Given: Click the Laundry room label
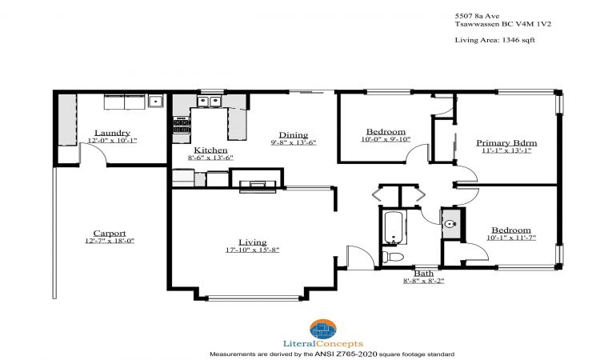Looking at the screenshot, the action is pyautogui.click(x=112, y=133).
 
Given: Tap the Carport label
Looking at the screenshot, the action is pyautogui.click(x=110, y=234).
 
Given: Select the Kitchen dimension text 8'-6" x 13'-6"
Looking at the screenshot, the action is pyautogui.click(x=210, y=158).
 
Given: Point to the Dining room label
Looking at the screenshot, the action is pyautogui.click(x=294, y=135).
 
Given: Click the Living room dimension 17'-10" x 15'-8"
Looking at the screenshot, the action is pyautogui.click(x=252, y=250).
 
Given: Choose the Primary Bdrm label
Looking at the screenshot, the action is pyautogui.click(x=506, y=142).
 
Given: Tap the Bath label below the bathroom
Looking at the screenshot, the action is pyautogui.click(x=424, y=273).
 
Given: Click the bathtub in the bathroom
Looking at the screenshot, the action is pyautogui.click(x=393, y=227).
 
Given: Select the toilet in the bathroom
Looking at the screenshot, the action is pyautogui.click(x=393, y=257).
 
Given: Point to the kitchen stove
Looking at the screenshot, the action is pyautogui.click(x=182, y=126).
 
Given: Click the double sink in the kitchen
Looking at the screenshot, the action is pyautogui.click(x=210, y=102).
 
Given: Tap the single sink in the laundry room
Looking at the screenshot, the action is pyautogui.click(x=155, y=101).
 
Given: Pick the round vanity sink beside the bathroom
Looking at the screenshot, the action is pyautogui.click(x=450, y=224).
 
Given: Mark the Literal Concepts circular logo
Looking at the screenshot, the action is pyautogui.click(x=323, y=330).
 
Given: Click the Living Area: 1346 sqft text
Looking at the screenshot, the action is pyautogui.click(x=494, y=40).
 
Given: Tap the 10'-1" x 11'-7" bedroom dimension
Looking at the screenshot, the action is pyautogui.click(x=511, y=238).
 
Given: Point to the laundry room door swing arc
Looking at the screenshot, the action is pyautogui.click(x=97, y=150).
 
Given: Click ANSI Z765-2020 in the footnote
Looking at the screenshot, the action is pyautogui.click(x=346, y=354).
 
